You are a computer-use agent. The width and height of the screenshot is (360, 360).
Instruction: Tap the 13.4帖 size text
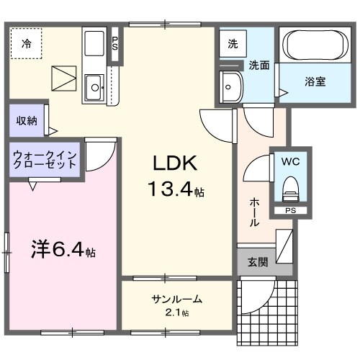tap(175, 190)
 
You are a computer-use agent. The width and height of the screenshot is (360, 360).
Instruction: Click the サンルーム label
tap(176, 299)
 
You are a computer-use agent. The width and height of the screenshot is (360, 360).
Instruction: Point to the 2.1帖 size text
tap(176, 312)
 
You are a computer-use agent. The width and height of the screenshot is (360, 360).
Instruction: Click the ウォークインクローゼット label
tap(45, 158)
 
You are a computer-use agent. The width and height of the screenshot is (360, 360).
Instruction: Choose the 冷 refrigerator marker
tap(26, 43)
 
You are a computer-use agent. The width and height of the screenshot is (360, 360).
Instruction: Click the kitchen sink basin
tap(95, 89)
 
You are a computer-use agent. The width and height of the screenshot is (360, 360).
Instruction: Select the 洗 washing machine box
tap(233, 43)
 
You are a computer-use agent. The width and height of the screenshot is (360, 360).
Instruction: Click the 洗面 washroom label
tap(259, 65)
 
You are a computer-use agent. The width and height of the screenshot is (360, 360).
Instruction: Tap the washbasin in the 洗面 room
tap(232, 86)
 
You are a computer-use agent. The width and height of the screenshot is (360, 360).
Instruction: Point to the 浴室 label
tap(315, 81)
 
